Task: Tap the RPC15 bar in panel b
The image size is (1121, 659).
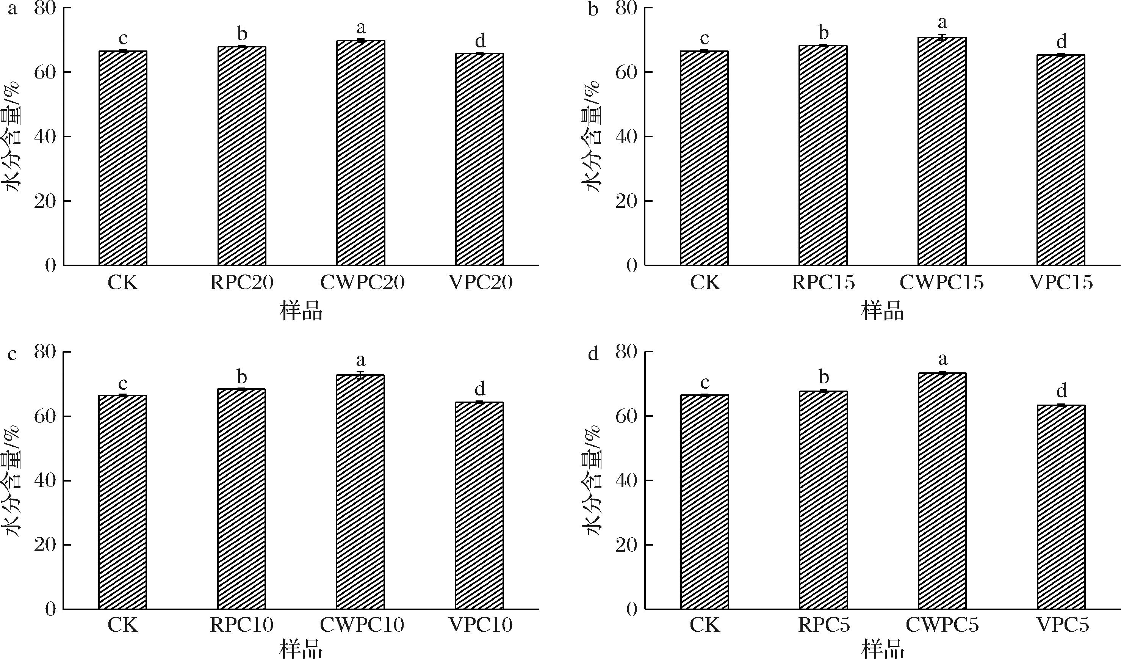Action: point(823,155)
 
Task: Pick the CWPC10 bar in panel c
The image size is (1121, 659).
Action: point(360,492)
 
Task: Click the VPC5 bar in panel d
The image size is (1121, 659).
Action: point(1061,507)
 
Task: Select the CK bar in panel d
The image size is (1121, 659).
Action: point(705,502)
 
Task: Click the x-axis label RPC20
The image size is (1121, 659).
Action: point(241,283)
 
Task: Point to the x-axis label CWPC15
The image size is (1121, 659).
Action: point(942,283)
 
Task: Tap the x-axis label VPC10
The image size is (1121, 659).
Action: point(481,625)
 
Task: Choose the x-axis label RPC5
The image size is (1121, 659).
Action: point(824,625)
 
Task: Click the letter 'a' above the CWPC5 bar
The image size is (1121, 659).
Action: point(942,359)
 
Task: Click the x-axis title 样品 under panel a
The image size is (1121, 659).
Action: point(301,311)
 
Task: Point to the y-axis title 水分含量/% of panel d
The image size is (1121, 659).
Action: point(592,480)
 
